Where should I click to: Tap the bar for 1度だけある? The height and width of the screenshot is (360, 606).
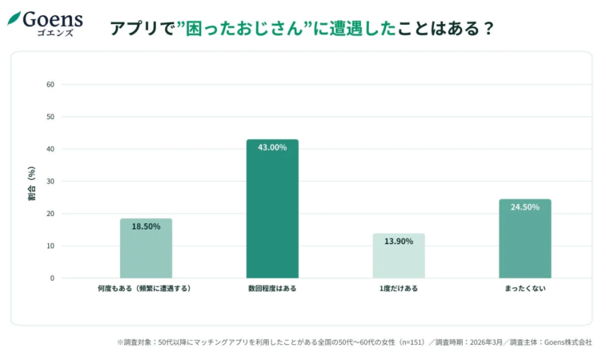(399, 256)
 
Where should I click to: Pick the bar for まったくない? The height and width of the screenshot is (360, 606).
(524, 239)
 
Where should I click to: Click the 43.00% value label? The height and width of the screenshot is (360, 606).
(272, 147)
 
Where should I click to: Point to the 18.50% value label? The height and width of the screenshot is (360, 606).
(146, 226)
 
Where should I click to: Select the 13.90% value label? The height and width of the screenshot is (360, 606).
(399, 242)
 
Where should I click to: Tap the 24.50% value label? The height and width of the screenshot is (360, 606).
(524, 207)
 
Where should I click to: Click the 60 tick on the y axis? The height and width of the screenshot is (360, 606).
(50, 84)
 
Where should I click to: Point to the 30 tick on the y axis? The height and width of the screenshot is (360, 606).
(50, 181)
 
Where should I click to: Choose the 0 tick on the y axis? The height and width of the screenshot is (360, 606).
(52, 278)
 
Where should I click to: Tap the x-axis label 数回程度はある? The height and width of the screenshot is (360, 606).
(272, 288)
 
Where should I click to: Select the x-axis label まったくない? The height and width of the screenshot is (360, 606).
(524, 288)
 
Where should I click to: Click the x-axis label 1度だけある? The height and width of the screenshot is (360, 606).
(399, 288)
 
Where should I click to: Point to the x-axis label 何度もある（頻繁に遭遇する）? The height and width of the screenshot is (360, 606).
(146, 288)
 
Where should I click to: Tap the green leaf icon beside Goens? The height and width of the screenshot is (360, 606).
(14, 18)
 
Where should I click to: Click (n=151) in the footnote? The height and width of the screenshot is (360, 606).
(410, 342)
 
